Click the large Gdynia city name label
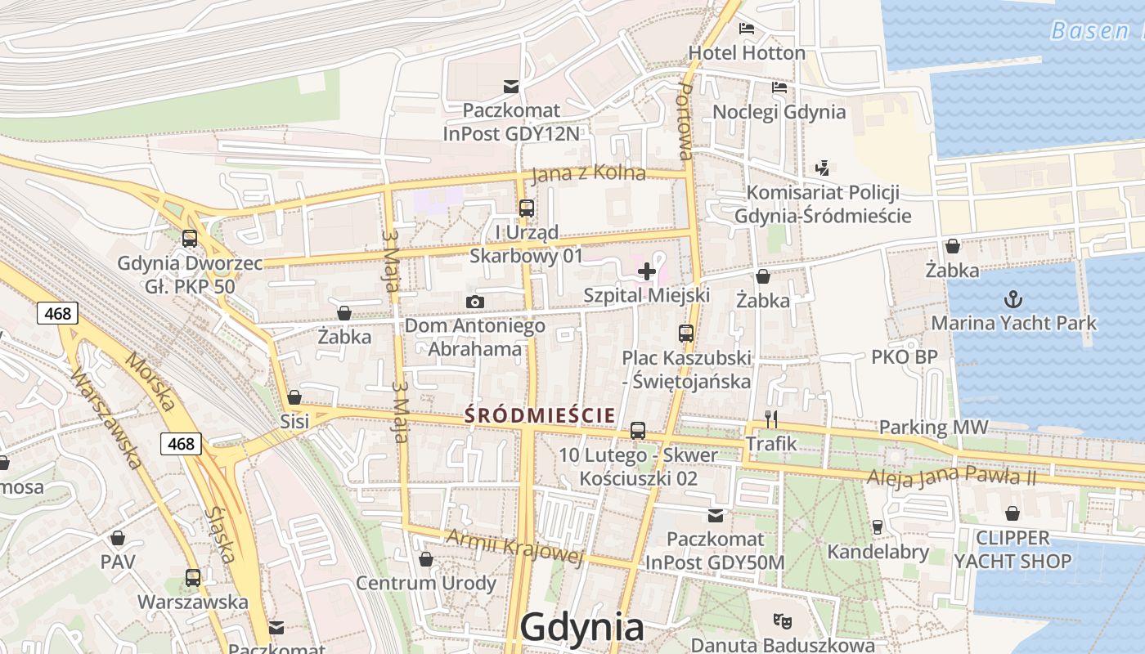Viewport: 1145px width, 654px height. click(581, 628)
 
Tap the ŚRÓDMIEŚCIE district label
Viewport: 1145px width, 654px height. click(540, 415)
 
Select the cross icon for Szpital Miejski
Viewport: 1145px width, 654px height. click(647, 271)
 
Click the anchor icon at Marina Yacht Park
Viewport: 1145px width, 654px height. click(1013, 298)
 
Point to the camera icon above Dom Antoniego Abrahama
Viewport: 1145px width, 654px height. click(474, 302)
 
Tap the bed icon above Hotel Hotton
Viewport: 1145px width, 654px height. click(747, 29)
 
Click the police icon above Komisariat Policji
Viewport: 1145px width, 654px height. click(823, 168)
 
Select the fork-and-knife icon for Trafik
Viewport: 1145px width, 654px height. click(770, 419)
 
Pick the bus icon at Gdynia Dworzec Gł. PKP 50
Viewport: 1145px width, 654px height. click(190, 239)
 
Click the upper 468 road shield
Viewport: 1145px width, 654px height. click(57, 313)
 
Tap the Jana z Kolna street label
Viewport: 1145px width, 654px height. click(588, 173)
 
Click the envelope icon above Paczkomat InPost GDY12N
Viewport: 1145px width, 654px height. click(511, 86)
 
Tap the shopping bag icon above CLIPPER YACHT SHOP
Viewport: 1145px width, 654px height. click(1013, 513)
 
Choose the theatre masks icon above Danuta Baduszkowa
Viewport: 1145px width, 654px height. click(783, 621)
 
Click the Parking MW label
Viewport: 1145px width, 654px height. click(933, 428)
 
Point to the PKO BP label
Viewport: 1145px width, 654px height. click(904, 357)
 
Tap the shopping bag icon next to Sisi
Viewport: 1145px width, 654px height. click(294, 398)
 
